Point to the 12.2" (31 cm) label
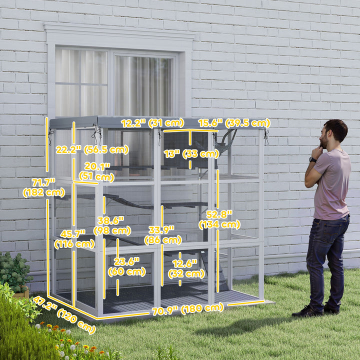point(152,123)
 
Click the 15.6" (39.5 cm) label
point(233,123)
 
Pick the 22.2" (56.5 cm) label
point(91,149)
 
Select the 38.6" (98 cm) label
point(114,225)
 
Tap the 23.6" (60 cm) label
point(126,266)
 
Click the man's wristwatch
point(312,159)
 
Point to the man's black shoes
point(315,310)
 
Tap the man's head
point(335,132)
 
